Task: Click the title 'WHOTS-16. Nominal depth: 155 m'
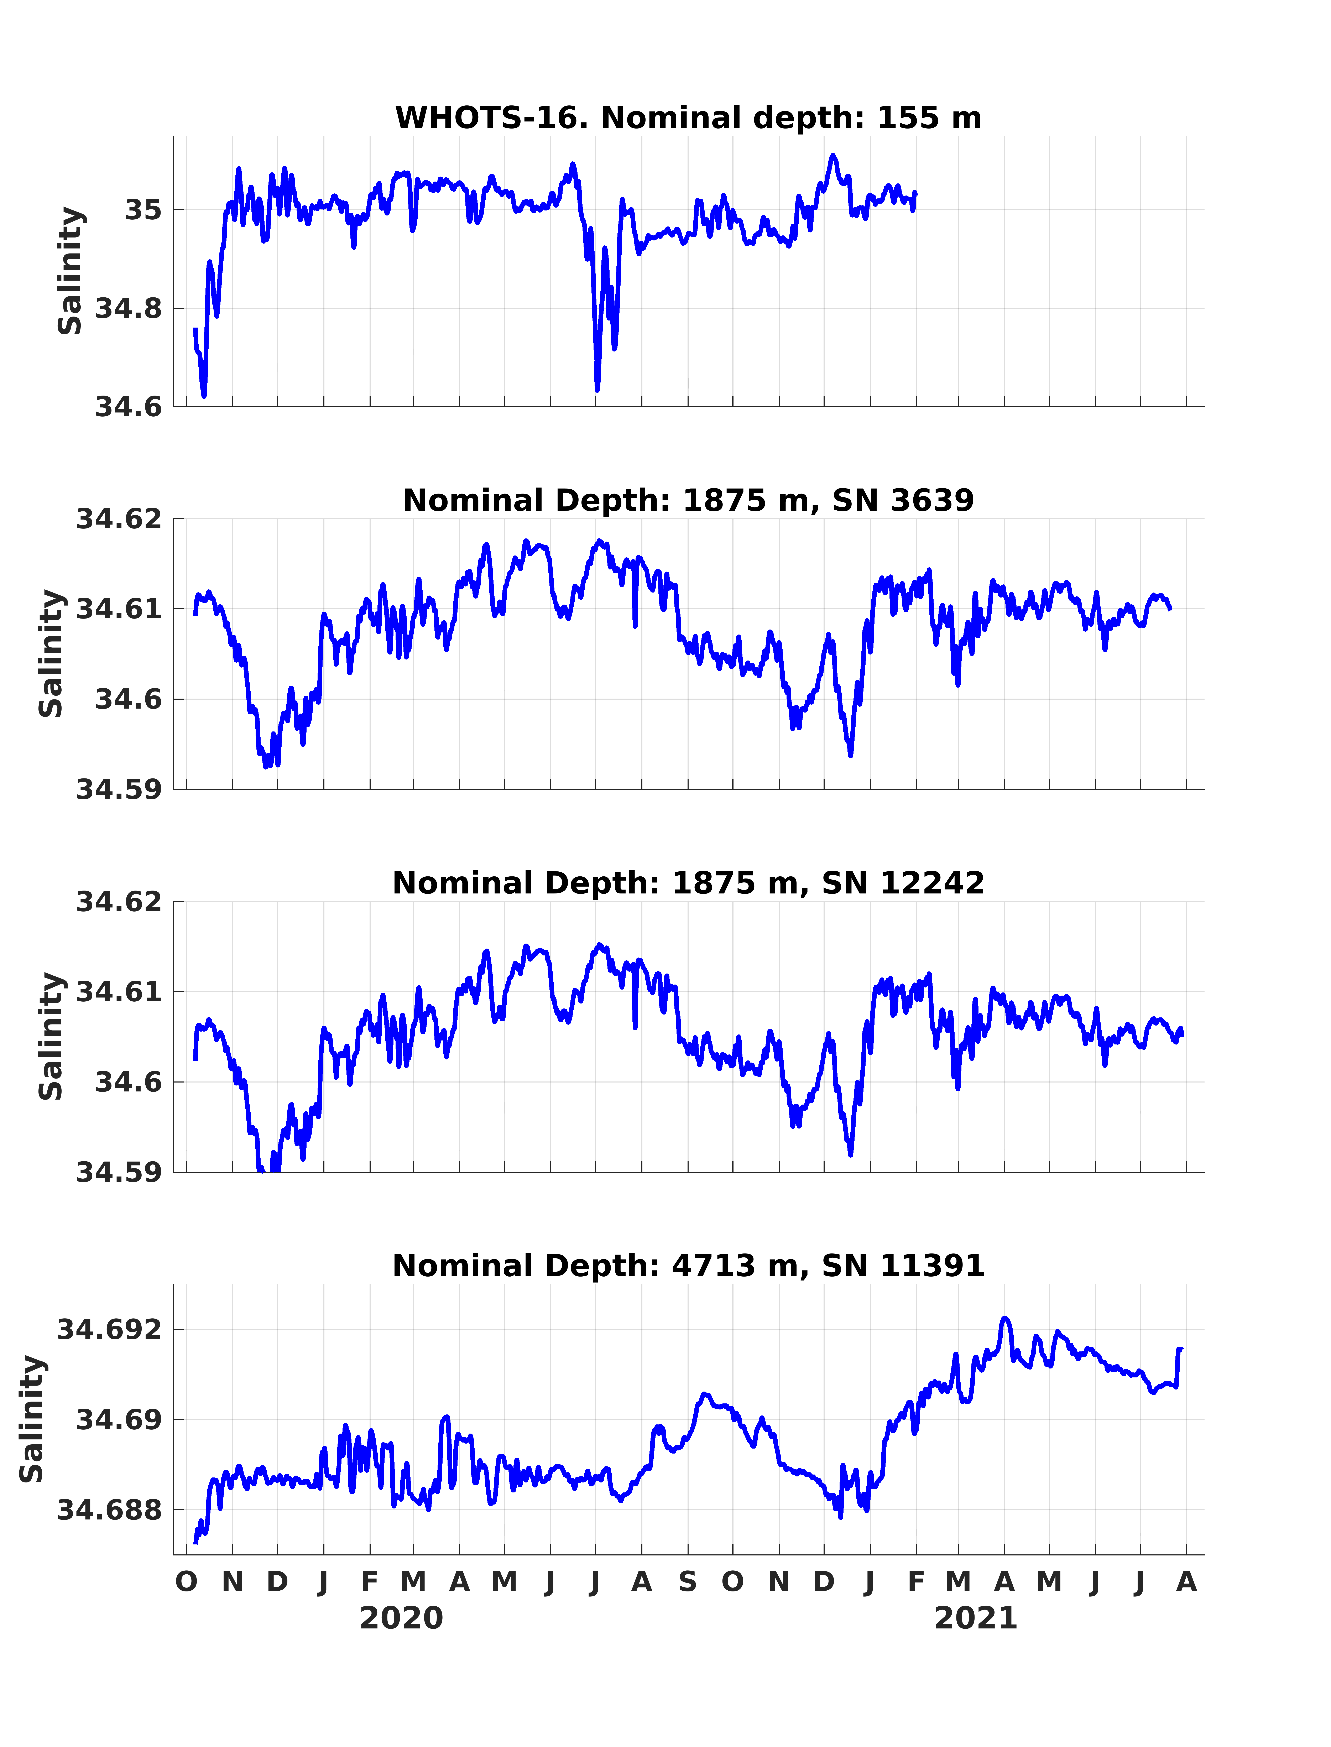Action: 688,118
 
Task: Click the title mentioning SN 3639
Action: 688,501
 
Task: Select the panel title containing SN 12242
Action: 688,883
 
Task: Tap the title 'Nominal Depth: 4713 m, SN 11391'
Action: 688,1266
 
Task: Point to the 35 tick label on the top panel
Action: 143,211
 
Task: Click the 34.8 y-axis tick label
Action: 128,309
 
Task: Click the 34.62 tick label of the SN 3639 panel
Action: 119,520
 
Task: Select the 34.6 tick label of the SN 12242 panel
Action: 128,1082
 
